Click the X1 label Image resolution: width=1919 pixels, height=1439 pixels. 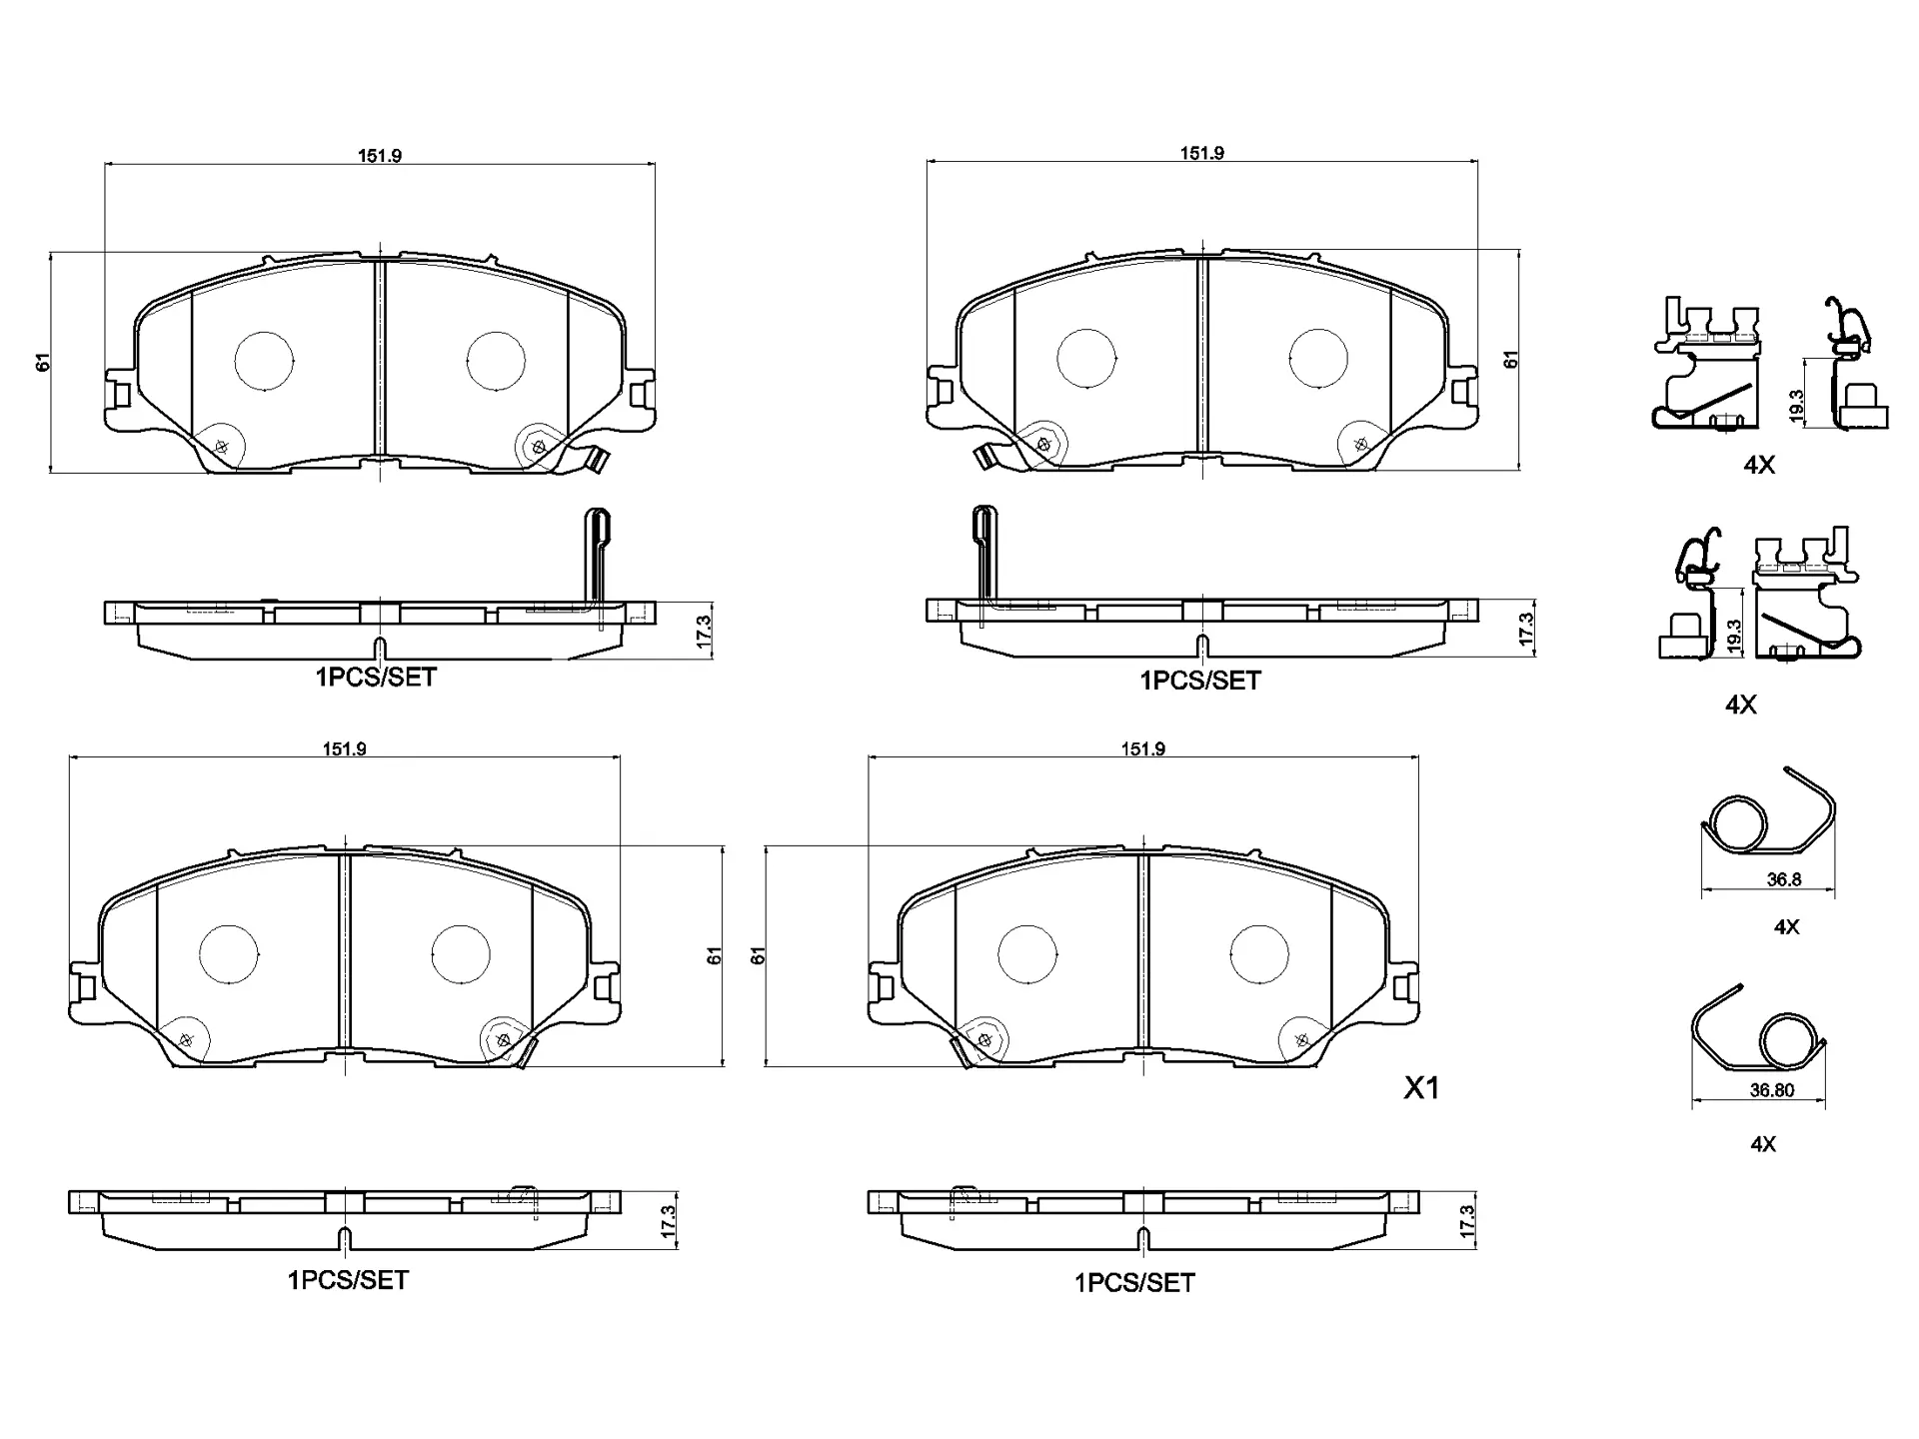(1421, 1088)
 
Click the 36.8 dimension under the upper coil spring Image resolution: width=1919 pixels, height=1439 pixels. (1784, 880)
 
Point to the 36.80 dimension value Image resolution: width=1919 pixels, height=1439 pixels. (1772, 1090)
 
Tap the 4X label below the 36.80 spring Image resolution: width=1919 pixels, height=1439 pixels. (1763, 1144)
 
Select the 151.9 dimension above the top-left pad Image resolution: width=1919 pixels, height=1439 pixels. (380, 155)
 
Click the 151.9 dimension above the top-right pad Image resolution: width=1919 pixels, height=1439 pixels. (1201, 153)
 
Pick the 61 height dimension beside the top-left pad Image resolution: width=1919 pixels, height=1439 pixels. (43, 362)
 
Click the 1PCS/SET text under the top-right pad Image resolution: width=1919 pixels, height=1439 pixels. (1200, 681)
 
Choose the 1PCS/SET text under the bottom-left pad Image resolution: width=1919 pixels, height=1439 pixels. (348, 1280)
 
